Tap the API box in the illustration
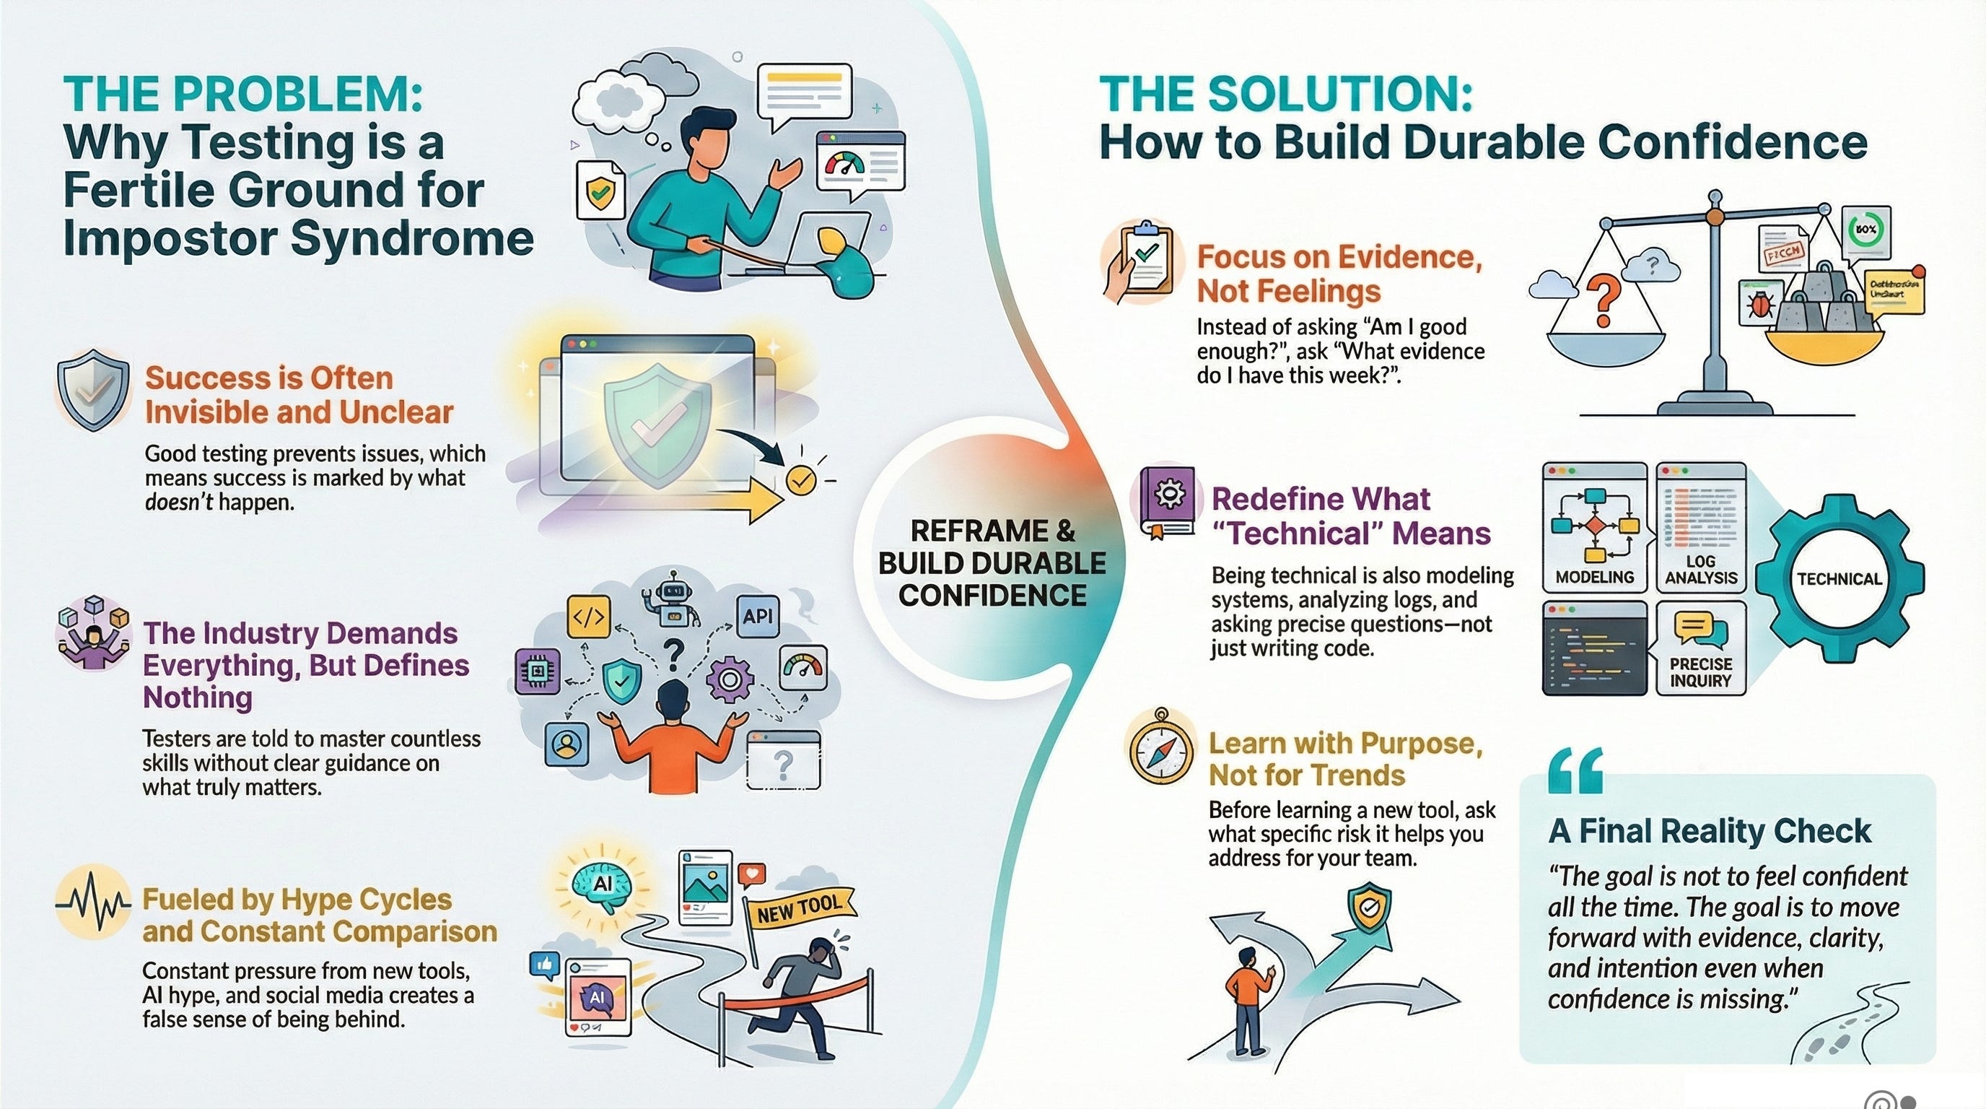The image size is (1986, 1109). (x=757, y=615)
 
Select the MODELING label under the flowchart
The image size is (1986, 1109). (x=1594, y=577)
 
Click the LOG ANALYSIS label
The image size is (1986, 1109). (x=1701, y=569)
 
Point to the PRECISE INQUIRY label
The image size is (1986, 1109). (x=1701, y=672)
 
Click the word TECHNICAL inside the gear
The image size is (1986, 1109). (x=1840, y=579)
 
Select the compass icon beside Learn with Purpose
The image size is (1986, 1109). (x=1161, y=747)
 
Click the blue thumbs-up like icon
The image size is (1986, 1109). (x=544, y=964)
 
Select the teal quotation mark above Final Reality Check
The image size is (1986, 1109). (x=1575, y=771)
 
